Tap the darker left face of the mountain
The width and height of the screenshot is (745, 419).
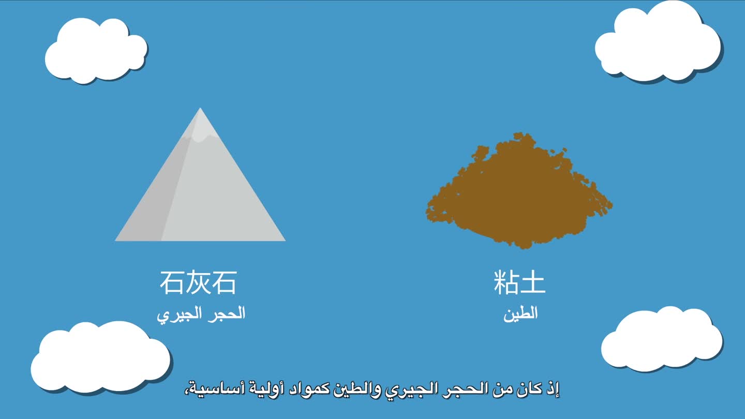[156, 200]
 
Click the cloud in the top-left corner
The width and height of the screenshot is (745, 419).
[96, 50]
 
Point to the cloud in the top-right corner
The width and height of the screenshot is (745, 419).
[658, 43]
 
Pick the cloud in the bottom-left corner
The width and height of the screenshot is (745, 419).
[100, 357]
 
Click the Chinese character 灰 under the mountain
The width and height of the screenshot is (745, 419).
[198, 282]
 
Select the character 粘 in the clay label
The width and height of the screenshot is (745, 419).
[506, 282]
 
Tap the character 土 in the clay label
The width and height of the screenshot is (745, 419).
[533, 282]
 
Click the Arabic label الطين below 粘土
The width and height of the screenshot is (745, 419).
[520, 314]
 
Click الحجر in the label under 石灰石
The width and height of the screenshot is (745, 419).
[227, 313]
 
